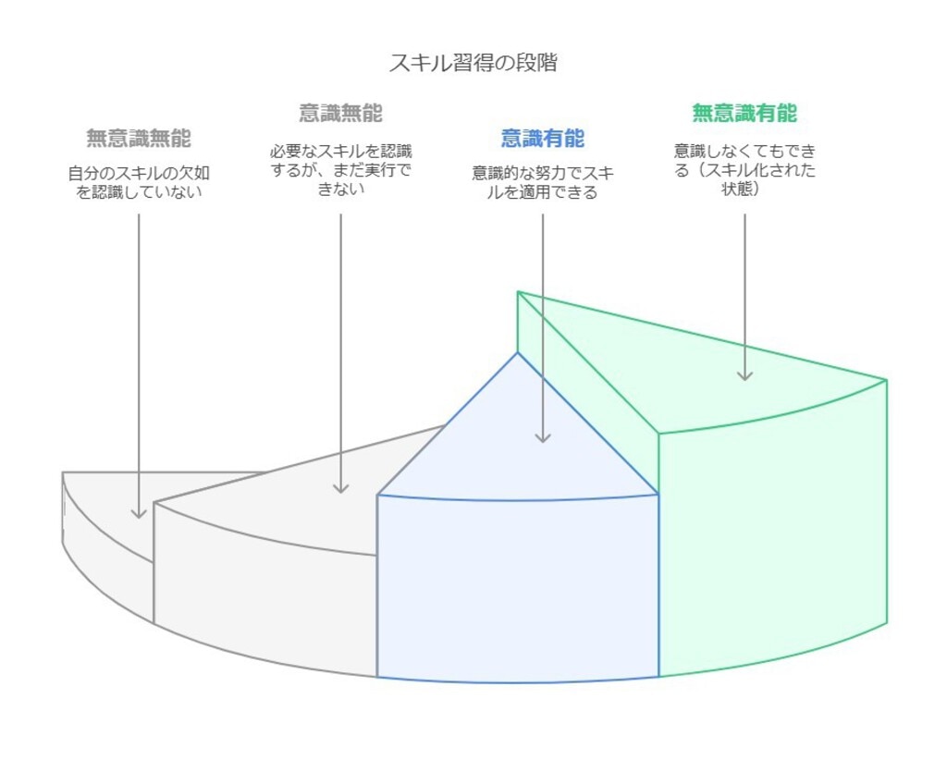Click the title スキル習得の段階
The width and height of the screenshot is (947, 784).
473,63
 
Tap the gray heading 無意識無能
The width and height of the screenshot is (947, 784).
139,139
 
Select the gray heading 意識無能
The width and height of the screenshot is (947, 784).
340,114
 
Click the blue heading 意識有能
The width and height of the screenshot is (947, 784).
543,139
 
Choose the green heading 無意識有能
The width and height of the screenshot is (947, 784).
744,114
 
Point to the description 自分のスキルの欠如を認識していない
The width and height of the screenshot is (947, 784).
139,182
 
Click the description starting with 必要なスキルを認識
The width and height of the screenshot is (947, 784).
340,170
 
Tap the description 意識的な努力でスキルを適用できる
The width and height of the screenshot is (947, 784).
543,182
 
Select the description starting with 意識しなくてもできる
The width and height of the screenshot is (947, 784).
744,170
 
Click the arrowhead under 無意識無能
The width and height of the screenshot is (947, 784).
139,511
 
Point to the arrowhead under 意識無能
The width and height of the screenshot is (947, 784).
340,486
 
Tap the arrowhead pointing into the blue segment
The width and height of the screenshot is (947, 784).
543,436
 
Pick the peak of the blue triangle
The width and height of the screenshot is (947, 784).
518,353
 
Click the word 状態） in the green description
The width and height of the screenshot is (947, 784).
744,190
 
